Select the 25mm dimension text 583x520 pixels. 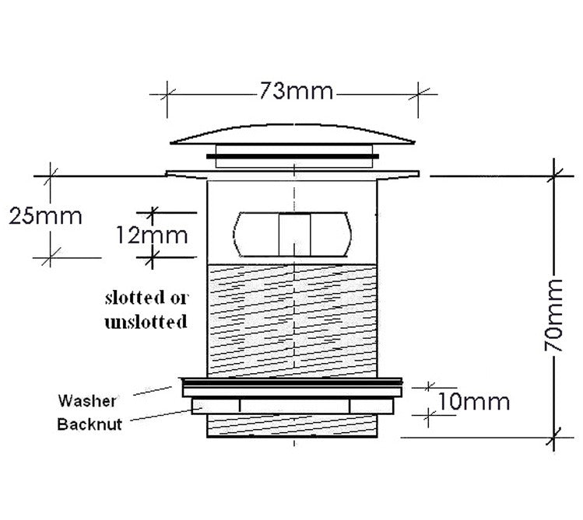pyautogui.click(x=46, y=215)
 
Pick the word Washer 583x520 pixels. pyautogui.click(x=88, y=401)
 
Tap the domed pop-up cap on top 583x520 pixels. pyautogui.click(x=293, y=133)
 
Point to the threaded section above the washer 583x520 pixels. pyautogui.click(x=293, y=319)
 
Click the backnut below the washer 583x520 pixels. pyautogui.click(x=293, y=405)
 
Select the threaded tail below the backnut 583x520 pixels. pyautogui.click(x=293, y=427)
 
